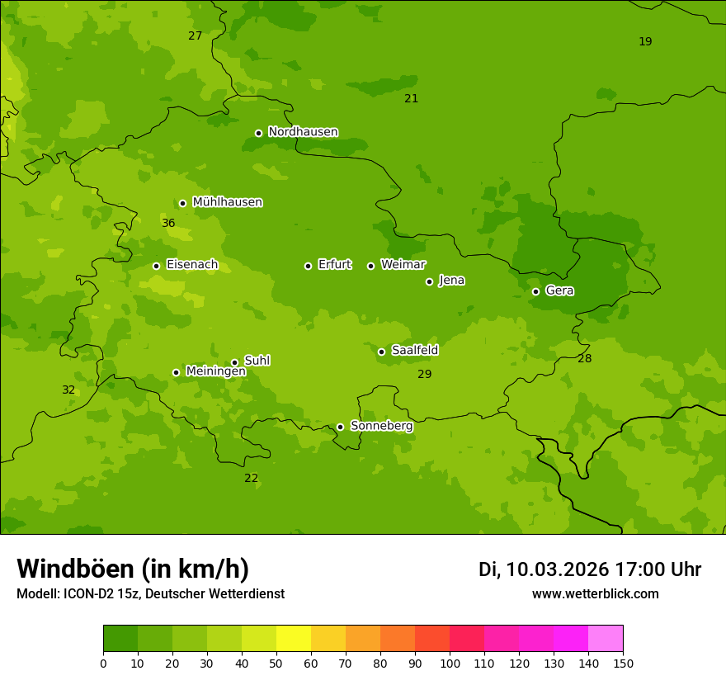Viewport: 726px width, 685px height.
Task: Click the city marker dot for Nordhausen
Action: point(258,133)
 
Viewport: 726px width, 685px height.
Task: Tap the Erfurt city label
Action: point(334,265)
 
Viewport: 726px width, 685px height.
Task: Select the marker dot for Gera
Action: point(535,291)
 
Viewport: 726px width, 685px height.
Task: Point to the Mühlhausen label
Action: point(227,202)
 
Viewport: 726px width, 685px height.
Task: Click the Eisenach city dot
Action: point(156,266)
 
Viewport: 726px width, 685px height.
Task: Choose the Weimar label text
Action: point(403,265)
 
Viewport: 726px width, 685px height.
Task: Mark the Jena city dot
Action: point(429,281)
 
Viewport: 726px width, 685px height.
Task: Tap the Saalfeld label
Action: point(414,351)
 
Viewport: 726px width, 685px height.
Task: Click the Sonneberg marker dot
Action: point(340,427)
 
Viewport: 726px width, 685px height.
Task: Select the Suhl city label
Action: point(257,361)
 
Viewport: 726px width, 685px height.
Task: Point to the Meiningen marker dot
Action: point(176,372)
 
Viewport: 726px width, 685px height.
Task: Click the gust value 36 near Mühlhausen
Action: point(168,224)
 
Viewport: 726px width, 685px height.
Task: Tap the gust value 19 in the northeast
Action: point(645,42)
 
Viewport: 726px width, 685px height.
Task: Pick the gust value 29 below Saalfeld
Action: point(424,375)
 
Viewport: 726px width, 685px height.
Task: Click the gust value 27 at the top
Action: point(195,36)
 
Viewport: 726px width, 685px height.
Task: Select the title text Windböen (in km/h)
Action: point(133,569)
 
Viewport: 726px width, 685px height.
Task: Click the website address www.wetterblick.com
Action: point(595,594)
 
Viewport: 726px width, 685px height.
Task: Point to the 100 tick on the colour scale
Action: point(450,663)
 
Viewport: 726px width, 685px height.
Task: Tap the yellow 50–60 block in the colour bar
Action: point(294,639)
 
